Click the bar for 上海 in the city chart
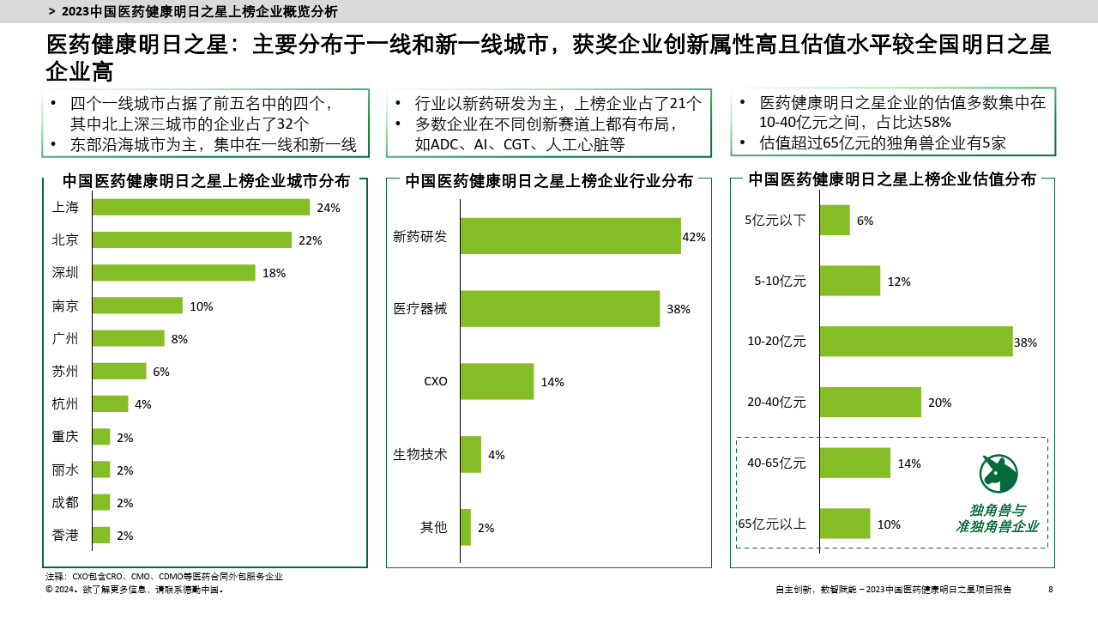click(x=201, y=207)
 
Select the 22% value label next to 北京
click(x=310, y=240)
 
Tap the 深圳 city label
click(x=65, y=273)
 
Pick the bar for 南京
click(x=137, y=306)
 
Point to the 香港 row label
click(x=65, y=535)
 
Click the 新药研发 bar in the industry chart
click(x=570, y=236)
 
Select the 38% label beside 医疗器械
click(x=678, y=309)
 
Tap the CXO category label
click(x=436, y=381)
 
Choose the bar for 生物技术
click(x=470, y=454)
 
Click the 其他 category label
click(x=433, y=527)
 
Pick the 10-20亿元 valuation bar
click(x=915, y=341)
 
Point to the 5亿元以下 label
click(x=775, y=220)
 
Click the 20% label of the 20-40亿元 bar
click(x=939, y=402)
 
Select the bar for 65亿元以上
click(x=844, y=524)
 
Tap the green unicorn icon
click(x=998, y=473)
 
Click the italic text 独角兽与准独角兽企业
click(x=997, y=518)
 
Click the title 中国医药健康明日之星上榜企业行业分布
click(x=549, y=180)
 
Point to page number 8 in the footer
click(x=1051, y=589)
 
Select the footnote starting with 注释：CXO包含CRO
click(x=164, y=577)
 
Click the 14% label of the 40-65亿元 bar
click(x=908, y=463)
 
